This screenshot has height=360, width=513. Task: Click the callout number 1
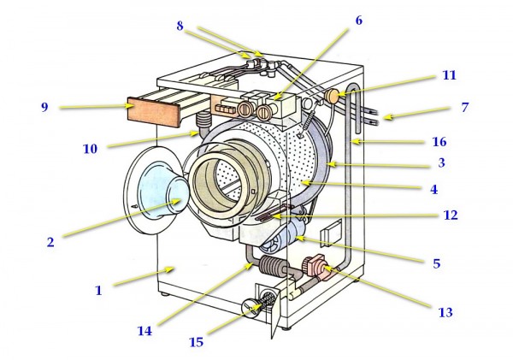[x=98, y=290]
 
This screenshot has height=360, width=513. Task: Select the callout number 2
[x=50, y=242]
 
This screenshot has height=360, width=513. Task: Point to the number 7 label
[x=465, y=108]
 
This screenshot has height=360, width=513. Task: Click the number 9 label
[x=43, y=107]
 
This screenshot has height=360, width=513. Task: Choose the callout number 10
[x=90, y=148]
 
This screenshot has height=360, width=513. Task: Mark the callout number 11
[x=448, y=75]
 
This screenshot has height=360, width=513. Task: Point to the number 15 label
[x=196, y=343]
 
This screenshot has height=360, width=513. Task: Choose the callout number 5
[x=436, y=263]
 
